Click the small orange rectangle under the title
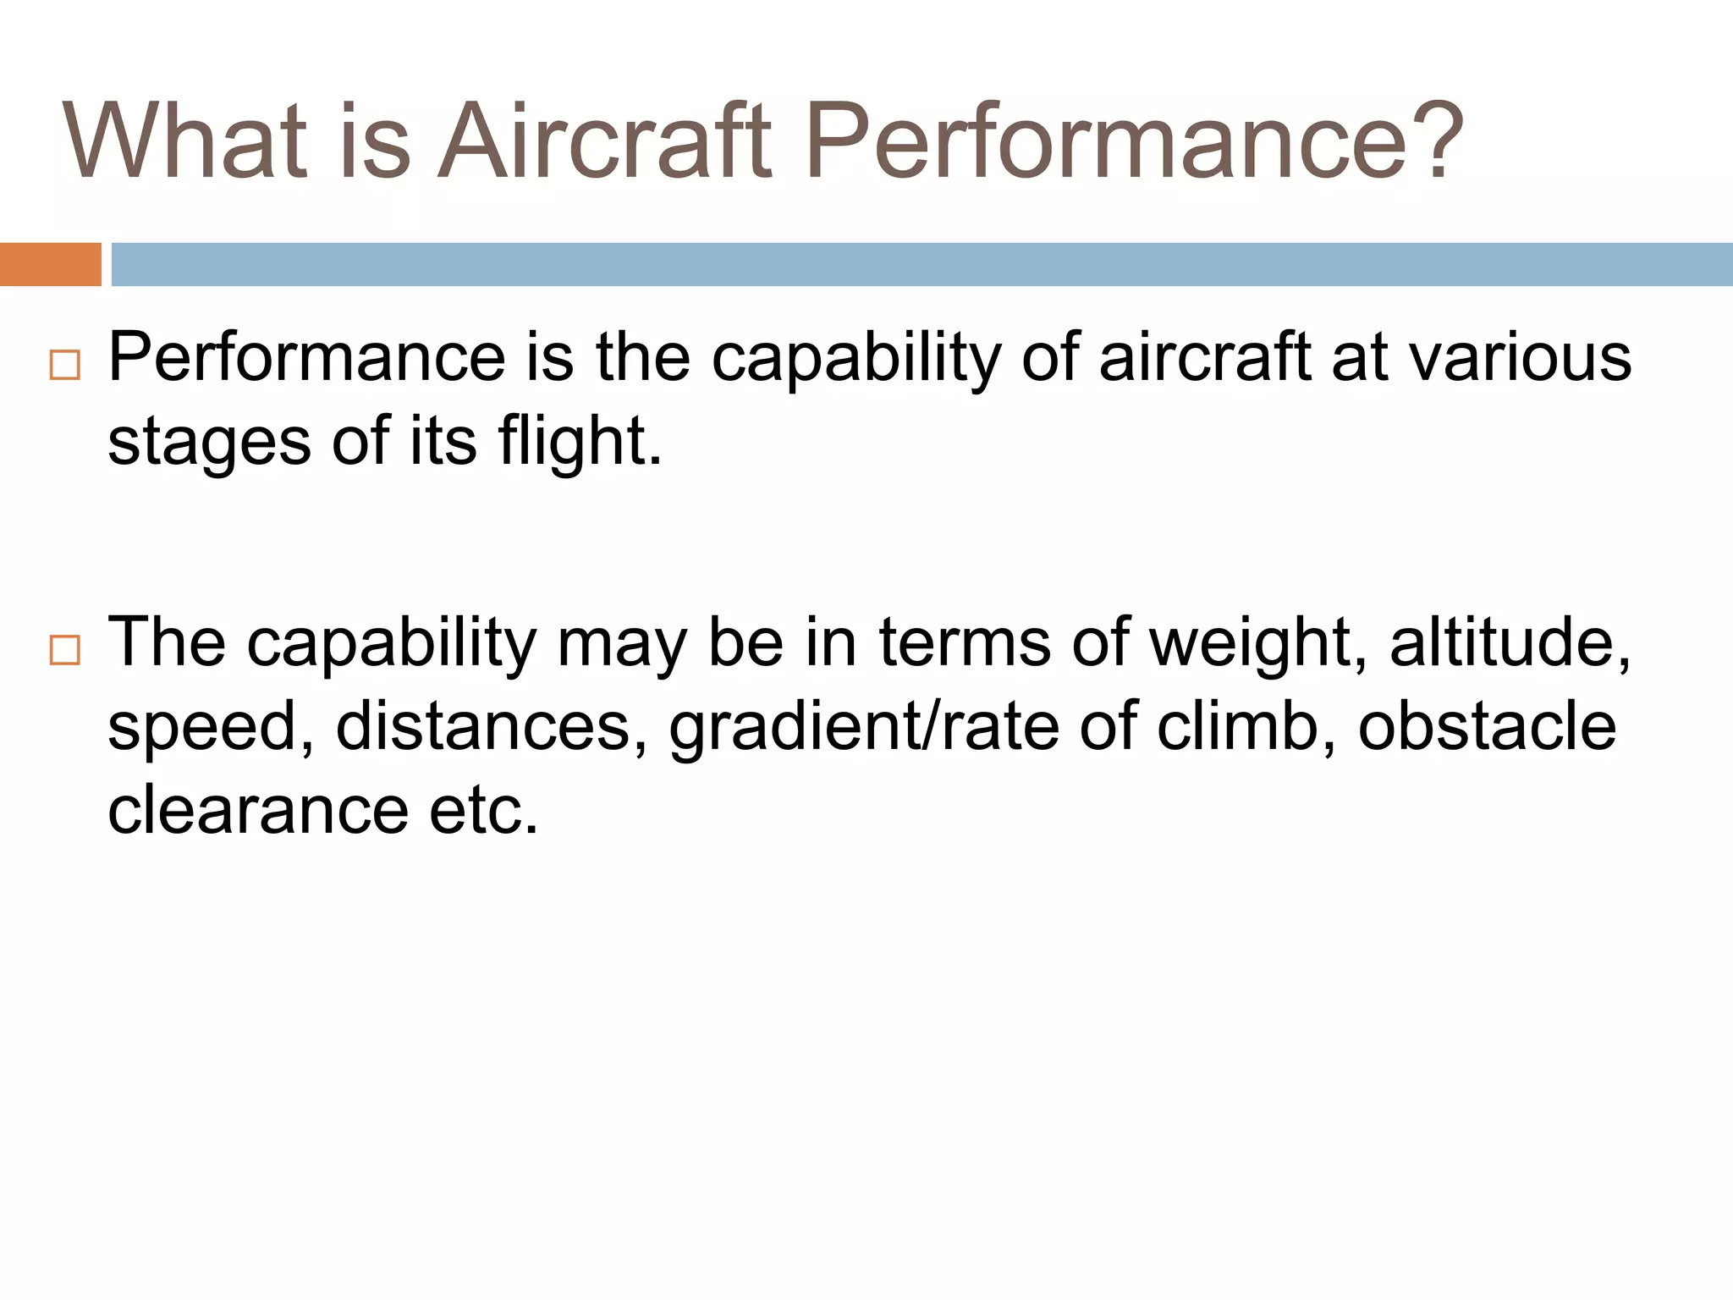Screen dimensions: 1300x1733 [50, 264]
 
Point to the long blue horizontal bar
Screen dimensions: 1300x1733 [922, 264]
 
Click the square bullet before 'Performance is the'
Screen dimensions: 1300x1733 [65, 366]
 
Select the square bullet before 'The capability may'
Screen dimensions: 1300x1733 [65, 650]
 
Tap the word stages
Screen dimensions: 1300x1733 [209, 442]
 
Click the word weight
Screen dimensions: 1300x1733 [1258, 642]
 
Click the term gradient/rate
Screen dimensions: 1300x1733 [864, 727]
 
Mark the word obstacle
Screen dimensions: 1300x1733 [1487, 727]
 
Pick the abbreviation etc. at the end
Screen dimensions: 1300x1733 [484, 810]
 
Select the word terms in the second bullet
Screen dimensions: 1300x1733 [966, 642]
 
